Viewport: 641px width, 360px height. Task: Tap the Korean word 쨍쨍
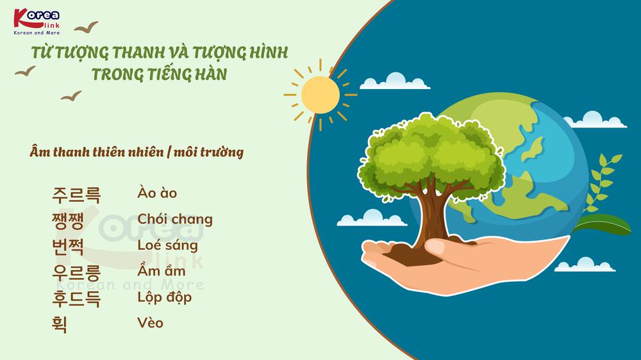pos(69,220)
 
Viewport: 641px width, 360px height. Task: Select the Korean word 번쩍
pos(69,246)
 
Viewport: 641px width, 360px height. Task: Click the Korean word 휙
pos(60,324)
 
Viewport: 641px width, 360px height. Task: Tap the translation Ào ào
pos(157,193)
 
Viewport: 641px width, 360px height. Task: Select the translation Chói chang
pos(175,220)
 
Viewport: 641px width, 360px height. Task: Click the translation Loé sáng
pos(168,245)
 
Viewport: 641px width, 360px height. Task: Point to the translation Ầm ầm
pos(162,271)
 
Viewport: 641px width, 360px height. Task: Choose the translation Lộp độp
pos(165,297)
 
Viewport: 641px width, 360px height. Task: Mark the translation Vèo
pos(151,323)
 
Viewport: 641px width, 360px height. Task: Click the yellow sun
pos(320,94)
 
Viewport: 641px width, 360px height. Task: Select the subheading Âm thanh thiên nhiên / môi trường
pos(137,153)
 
